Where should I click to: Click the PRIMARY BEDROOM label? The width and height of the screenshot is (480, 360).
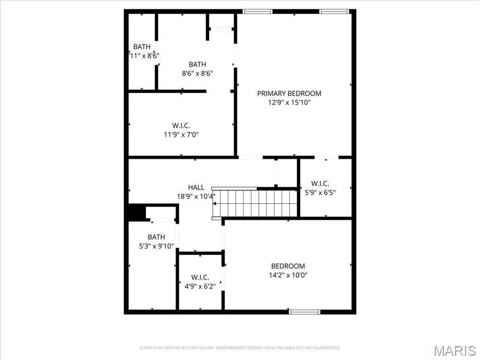click(x=289, y=93)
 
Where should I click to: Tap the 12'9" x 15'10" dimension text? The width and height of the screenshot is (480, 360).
click(x=289, y=102)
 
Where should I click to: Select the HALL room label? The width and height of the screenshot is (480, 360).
click(x=196, y=187)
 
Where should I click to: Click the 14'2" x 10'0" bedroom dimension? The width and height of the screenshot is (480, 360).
click(x=288, y=275)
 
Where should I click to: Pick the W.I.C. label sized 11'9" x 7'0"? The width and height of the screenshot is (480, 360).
click(x=181, y=126)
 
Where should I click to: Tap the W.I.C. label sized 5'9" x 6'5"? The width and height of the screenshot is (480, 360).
click(x=320, y=183)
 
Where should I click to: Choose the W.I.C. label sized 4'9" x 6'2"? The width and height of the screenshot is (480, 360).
click(x=200, y=277)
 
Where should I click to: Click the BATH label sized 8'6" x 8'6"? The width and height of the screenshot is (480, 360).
click(x=197, y=64)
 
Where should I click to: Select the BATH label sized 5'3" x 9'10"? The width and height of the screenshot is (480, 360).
click(x=156, y=237)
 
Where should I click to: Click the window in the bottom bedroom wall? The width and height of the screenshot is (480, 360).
click(x=305, y=311)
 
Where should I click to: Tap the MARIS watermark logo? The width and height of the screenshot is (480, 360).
click(x=455, y=351)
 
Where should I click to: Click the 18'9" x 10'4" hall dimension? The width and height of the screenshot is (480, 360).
click(x=195, y=196)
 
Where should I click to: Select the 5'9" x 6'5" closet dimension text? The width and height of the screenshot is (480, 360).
click(x=320, y=192)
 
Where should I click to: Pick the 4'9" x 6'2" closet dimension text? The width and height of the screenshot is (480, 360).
click(x=200, y=286)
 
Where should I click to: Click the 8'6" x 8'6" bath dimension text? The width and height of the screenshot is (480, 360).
click(x=197, y=73)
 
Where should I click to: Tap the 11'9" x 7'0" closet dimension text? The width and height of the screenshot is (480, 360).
click(x=181, y=135)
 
